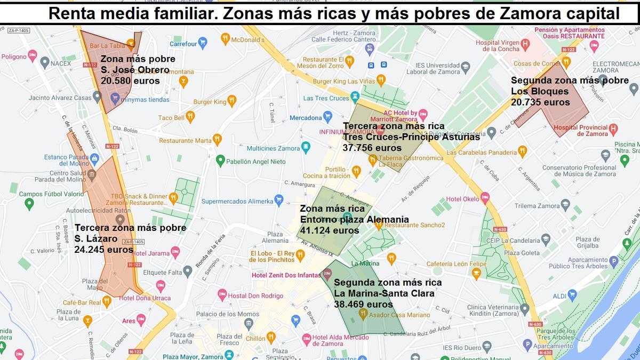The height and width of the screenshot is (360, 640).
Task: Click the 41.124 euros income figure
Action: click(x=330, y=230)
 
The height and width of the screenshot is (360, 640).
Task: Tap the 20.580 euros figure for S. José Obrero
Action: click(x=130, y=81)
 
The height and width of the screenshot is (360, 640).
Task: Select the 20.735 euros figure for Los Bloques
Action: click(x=540, y=102)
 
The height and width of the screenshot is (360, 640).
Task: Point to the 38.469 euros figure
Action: click(x=363, y=305)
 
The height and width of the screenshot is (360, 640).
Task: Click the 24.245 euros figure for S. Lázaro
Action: click(x=104, y=249)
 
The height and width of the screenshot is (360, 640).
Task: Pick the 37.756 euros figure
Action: click(x=372, y=148)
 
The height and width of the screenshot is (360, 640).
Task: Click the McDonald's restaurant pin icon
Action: click(x=225, y=38)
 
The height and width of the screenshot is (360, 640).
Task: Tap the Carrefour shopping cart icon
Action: click(x=202, y=43)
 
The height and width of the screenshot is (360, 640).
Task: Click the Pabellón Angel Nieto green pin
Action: click(x=220, y=160)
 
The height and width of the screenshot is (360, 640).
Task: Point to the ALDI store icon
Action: click(x=572, y=294)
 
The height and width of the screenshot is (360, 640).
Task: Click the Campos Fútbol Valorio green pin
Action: click(x=29, y=203)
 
